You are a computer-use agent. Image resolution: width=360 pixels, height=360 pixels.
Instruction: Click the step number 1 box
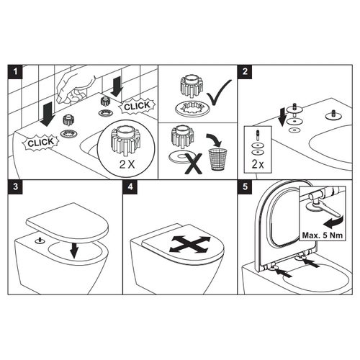coord(14,71)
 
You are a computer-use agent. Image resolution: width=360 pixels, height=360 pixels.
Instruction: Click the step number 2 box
coord(246,71)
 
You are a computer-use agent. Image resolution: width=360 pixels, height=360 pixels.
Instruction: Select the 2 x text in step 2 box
coord(257,163)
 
